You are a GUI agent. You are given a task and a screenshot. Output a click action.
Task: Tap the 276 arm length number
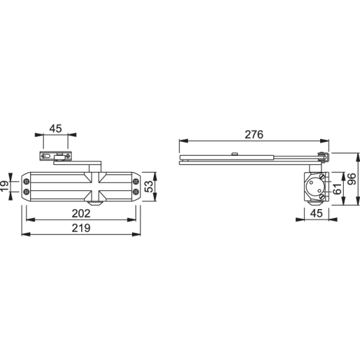point(254,135)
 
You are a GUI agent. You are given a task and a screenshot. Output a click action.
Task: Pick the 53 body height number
point(149,185)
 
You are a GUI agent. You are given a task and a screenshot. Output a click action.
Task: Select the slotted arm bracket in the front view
point(54,157)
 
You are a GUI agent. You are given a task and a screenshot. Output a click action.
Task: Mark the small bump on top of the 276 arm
point(236,154)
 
